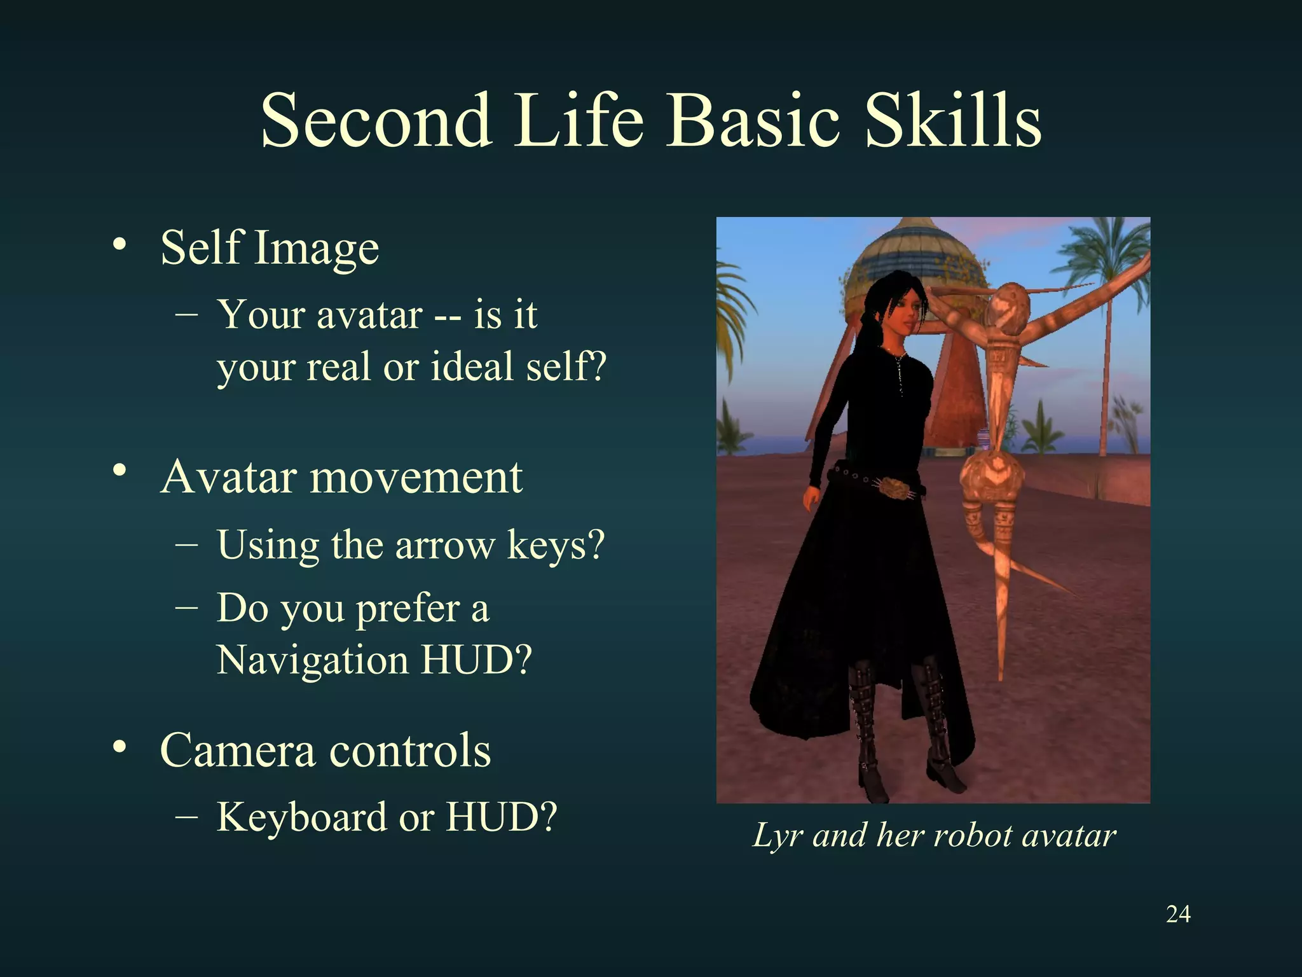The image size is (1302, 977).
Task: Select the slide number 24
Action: (1178, 914)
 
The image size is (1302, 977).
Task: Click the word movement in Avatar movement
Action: (416, 477)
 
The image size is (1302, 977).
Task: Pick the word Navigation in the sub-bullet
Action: (312, 660)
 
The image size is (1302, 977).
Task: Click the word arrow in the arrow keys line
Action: (444, 546)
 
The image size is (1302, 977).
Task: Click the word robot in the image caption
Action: (973, 835)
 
